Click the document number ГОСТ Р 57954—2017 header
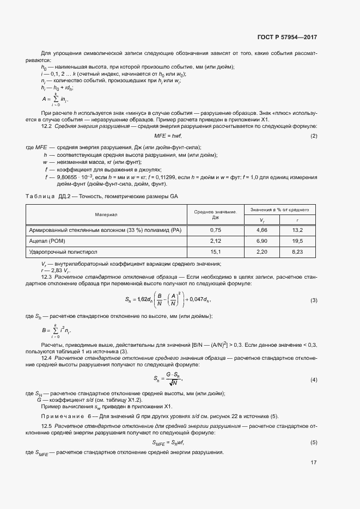286,38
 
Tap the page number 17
314,463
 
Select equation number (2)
314,136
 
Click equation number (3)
314,301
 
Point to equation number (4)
314,379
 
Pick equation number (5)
314,443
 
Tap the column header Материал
106,214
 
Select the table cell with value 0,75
215,230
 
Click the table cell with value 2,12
215,241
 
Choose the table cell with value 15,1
215,252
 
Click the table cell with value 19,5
297,241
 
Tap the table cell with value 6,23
297,252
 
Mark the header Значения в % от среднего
279,210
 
